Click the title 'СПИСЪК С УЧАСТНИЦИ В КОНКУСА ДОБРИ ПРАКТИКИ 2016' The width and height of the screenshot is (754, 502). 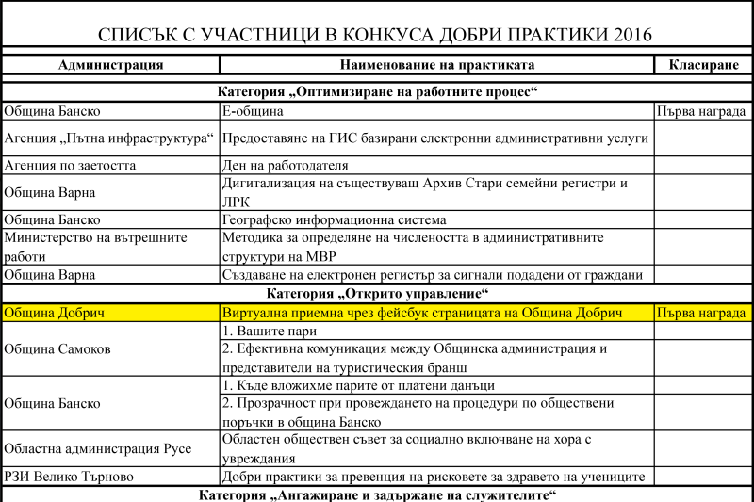tap(376, 36)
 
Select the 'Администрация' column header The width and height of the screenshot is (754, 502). tap(110, 65)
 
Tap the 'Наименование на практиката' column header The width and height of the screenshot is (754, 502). tap(436, 65)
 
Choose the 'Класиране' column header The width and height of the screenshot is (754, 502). tap(703, 65)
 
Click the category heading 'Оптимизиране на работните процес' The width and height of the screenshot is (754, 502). tap(377, 91)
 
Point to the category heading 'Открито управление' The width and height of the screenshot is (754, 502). tap(377, 294)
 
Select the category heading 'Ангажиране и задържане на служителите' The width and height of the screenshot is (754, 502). tap(377, 494)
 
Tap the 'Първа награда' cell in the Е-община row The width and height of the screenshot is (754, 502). tap(702, 111)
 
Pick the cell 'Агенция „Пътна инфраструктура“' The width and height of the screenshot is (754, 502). tap(109, 138)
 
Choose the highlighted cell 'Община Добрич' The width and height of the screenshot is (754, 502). tap(54, 313)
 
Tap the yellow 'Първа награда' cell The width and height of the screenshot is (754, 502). tap(702, 313)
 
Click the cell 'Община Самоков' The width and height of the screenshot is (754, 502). tap(57, 348)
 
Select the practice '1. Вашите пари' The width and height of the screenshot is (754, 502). tap(269, 332)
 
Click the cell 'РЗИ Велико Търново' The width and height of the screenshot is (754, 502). tap(68, 477)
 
